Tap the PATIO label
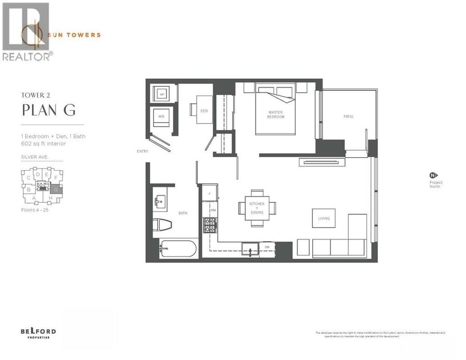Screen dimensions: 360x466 pos(348,117)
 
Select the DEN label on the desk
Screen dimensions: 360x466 pos(204,111)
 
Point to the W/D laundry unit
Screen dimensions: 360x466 pos(161,119)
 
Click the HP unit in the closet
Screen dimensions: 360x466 pos(161,94)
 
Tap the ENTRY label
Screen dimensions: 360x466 pos(142,151)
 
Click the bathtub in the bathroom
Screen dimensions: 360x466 pos(178,249)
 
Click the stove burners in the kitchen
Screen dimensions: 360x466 pos(209,229)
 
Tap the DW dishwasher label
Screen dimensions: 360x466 pos(267,247)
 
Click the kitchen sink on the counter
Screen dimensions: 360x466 pos(250,248)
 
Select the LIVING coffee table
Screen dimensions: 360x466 pos(324,218)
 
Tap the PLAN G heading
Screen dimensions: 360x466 pos(48,110)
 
